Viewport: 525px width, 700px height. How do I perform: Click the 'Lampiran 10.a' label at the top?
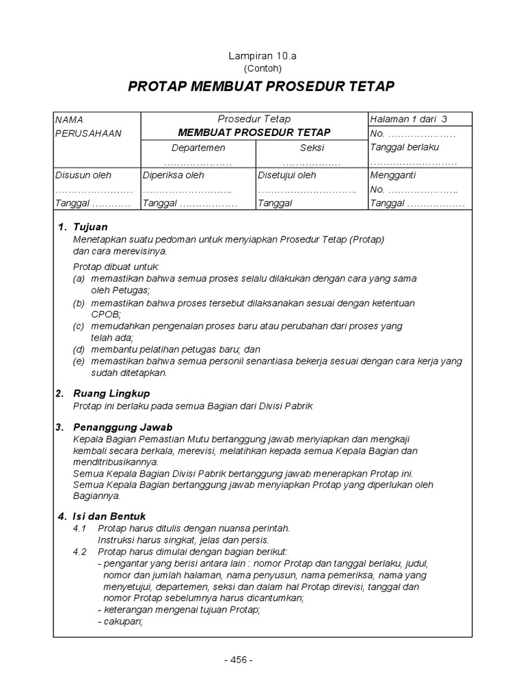click(262, 57)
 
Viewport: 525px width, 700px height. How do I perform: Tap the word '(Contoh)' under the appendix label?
click(262, 68)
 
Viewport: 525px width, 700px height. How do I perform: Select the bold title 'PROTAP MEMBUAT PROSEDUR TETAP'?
click(262, 87)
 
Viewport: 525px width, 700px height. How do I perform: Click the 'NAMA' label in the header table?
click(69, 120)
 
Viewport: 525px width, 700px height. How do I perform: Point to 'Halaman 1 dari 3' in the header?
click(407, 119)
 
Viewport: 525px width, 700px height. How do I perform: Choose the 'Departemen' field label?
click(198, 148)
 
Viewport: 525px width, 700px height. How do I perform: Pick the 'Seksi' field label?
click(312, 148)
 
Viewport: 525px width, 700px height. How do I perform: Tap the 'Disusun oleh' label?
click(83, 175)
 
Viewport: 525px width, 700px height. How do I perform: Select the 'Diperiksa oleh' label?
click(173, 175)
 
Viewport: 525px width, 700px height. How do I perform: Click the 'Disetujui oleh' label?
click(287, 175)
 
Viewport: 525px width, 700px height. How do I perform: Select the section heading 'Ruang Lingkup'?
click(111, 394)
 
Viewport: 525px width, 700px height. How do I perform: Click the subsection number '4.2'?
click(81, 552)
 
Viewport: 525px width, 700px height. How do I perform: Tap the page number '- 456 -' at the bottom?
click(238, 660)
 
